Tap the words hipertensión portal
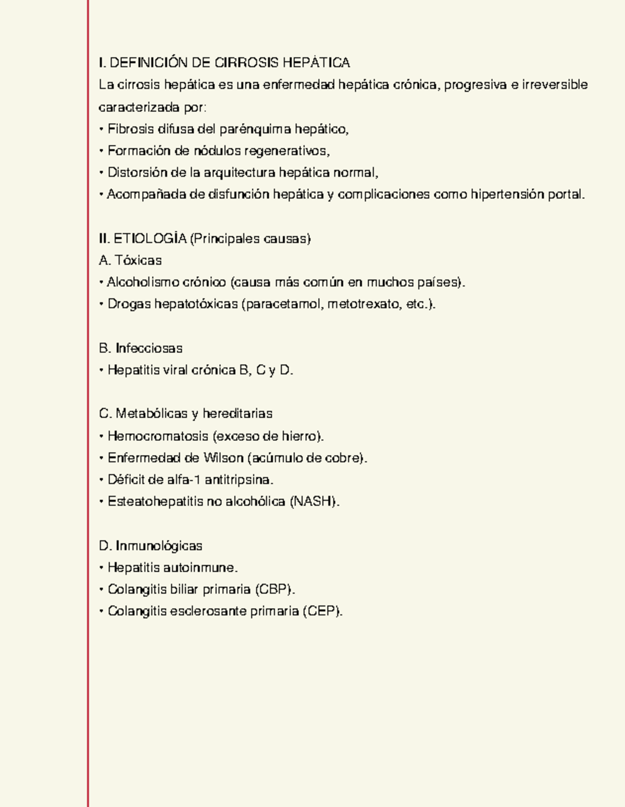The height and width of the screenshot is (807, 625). click(x=527, y=195)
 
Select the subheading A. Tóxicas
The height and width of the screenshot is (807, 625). click(x=130, y=260)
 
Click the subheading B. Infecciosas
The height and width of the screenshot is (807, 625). click(x=141, y=348)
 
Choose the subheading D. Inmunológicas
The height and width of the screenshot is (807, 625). click(x=151, y=546)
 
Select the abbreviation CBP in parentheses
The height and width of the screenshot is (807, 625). click(x=274, y=590)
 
